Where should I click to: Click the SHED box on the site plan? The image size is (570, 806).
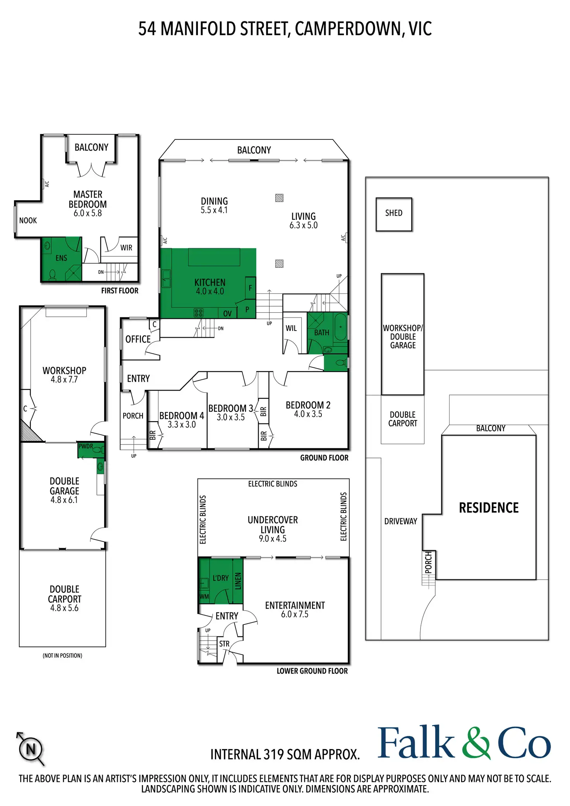[394, 214]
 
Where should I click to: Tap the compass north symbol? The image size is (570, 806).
[31, 749]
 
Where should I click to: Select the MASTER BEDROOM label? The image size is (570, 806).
[88, 199]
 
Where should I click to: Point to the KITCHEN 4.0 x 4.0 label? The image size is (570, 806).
[210, 286]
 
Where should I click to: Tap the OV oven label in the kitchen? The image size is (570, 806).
[227, 314]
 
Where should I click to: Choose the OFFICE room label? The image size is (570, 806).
[138, 339]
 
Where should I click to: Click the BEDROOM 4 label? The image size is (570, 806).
[182, 415]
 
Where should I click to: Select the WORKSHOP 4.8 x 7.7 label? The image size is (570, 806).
[64, 375]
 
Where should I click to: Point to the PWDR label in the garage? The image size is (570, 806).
[86, 446]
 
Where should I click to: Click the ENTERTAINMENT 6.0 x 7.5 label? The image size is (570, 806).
[295, 610]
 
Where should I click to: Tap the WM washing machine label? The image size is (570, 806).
[204, 597]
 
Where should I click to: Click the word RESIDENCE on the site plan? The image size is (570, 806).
[489, 508]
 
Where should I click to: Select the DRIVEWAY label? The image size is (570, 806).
[401, 521]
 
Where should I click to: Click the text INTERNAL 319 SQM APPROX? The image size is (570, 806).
[285, 755]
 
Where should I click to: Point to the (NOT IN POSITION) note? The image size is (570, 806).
[62, 655]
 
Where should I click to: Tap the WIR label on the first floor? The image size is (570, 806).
[126, 248]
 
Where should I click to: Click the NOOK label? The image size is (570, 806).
[28, 221]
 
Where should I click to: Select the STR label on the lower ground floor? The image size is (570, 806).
[224, 644]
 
